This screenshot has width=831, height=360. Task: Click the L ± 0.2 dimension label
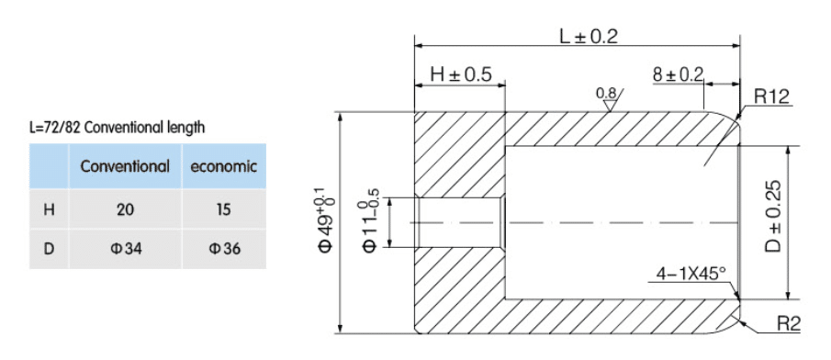click(589, 36)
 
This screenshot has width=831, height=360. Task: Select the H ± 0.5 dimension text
click(461, 74)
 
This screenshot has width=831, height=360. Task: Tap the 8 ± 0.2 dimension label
click(678, 74)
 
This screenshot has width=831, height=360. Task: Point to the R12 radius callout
click(771, 96)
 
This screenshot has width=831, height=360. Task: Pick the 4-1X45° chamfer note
click(690, 274)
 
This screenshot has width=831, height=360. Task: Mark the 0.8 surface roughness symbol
click(609, 98)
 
